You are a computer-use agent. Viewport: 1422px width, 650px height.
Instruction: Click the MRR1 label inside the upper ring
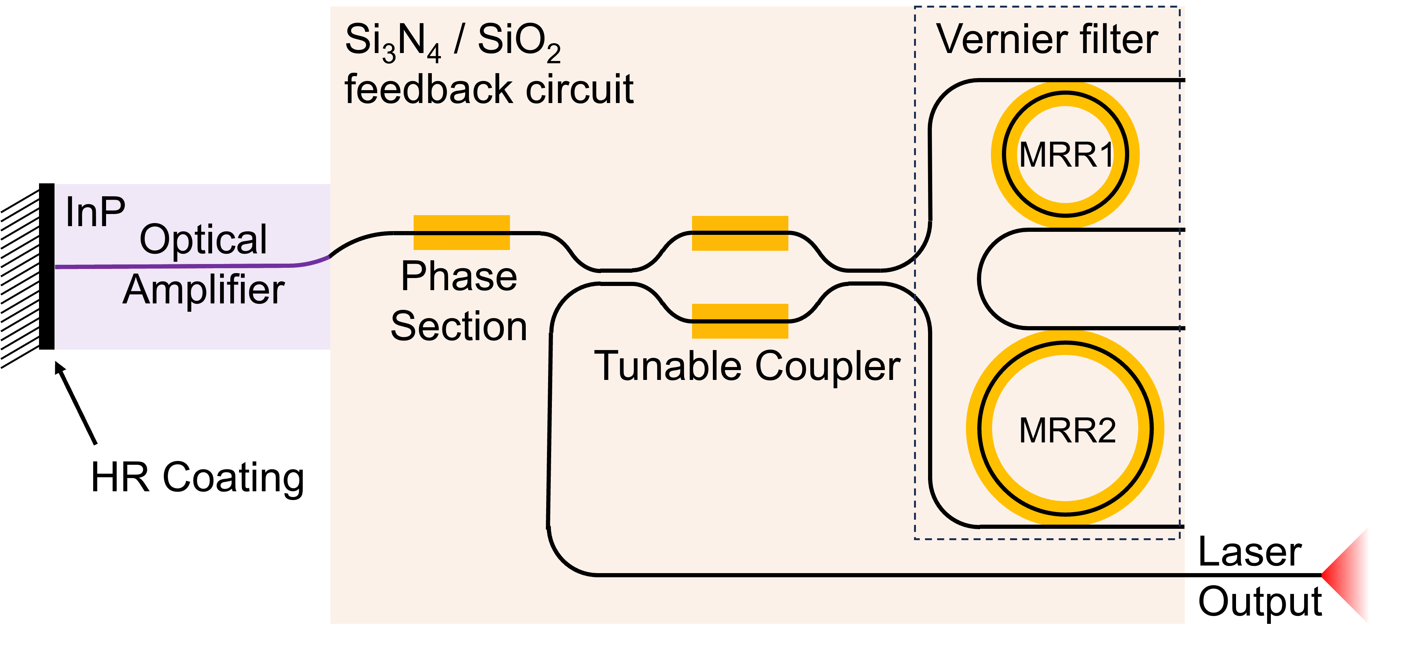tap(1066, 155)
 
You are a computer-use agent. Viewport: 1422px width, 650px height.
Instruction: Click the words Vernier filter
tap(1047, 40)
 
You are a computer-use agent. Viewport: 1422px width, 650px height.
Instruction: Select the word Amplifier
tap(203, 290)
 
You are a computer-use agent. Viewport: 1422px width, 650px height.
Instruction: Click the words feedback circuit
tap(489, 89)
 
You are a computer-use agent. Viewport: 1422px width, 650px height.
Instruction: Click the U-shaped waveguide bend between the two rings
tap(980, 279)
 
